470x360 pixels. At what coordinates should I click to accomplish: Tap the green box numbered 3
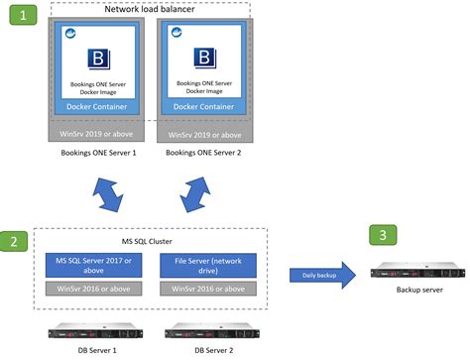point(383,235)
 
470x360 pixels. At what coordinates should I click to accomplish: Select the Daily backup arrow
point(322,276)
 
